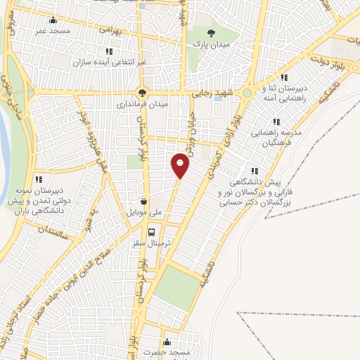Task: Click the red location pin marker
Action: (181, 165)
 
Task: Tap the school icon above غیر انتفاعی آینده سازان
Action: (109, 51)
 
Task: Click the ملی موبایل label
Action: (144, 210)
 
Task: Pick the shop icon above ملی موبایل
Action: (144, 199)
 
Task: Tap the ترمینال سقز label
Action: (152, 242)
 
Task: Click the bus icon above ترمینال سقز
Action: (152, 231)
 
